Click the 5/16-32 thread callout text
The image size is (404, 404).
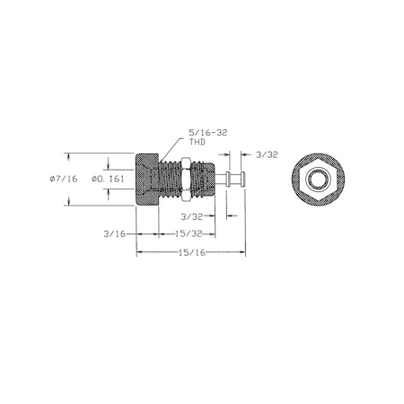point(207,133)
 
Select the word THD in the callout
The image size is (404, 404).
point(197,142)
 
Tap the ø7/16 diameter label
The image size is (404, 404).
point(64,179)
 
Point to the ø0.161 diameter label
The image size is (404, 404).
point(108,179)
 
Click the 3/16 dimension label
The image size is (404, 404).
point(114,233)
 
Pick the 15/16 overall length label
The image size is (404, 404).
point(192,252)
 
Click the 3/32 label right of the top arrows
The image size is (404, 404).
point(267,154)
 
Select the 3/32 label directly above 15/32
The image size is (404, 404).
point(192,216)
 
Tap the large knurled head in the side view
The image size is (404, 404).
point(146,180)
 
